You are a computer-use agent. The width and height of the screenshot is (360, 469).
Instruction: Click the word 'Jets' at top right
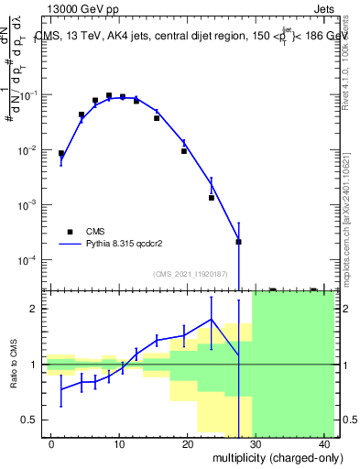326,8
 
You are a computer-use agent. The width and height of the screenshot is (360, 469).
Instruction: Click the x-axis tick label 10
120,444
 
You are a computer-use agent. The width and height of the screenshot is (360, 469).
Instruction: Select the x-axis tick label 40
326,444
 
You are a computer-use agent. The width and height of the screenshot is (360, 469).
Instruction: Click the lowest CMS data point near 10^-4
238,242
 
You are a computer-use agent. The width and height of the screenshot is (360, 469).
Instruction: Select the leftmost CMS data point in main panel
61,154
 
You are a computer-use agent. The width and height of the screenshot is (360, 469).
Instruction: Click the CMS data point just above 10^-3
212,198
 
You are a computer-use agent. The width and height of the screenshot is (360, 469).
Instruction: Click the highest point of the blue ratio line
212,320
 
